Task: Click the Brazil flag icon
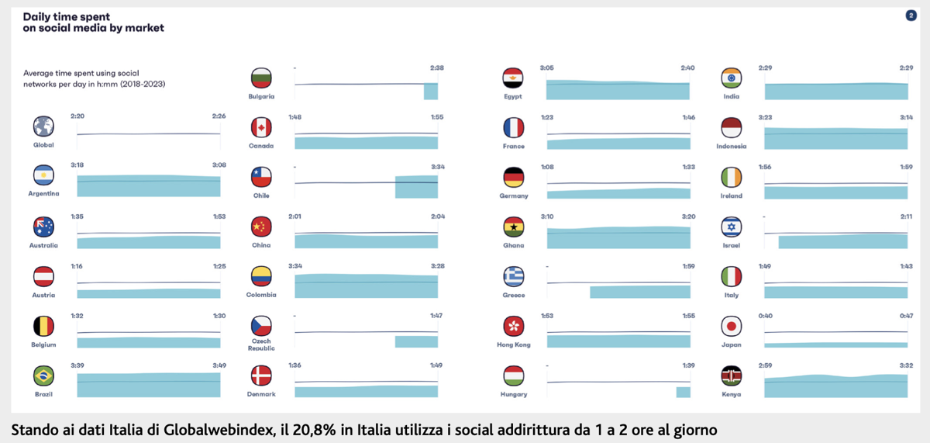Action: point(43,376)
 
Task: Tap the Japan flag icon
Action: point(731,326)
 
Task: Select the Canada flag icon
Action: point(261,127)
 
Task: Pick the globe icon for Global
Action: point(43,126)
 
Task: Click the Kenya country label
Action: point(731,394)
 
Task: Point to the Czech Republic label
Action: point(261,344)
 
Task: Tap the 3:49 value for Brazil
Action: point(219,365)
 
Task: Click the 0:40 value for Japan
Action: point(765,315)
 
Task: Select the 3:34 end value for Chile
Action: point(437,166)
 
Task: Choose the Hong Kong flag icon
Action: point(513,326)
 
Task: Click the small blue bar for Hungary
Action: point(683,393)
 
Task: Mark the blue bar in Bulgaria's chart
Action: point(430,92)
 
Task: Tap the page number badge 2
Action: point(911,16)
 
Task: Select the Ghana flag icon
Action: point(513,227)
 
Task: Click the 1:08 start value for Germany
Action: point(546,166)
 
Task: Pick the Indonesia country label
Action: point(731,146)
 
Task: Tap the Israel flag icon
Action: point(731,227)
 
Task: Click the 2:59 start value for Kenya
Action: point(765,365)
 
